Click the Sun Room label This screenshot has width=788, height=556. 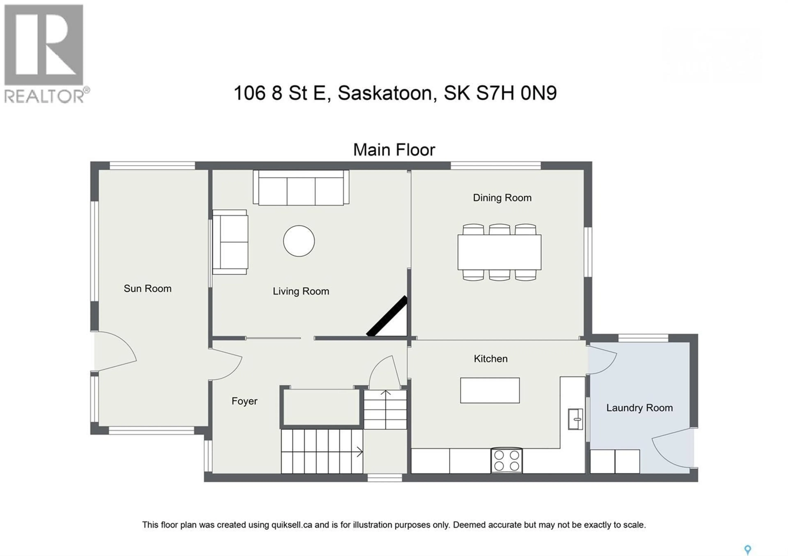click(148, 289)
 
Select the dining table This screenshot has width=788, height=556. click(499, 252)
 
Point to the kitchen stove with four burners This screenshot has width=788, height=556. click(507, 460)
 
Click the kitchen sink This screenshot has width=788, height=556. click(575, 419)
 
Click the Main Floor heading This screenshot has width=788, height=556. click(394, 150)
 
